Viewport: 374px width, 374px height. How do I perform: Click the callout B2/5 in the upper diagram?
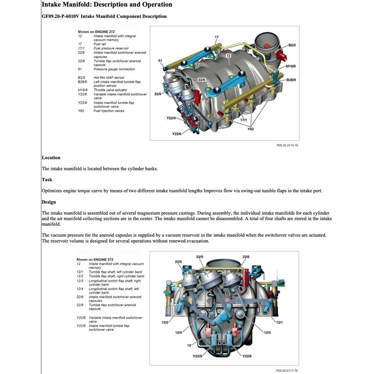[x=291, y=45]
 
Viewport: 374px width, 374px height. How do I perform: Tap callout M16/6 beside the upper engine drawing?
[x=291, y=66]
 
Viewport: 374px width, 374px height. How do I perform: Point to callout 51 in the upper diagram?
[x=160, y=61]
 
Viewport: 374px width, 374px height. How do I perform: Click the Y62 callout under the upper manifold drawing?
[x=251, y=129]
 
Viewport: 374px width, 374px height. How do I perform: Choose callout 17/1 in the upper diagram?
[x=244, y=120]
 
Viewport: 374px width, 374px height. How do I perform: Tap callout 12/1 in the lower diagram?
[x=279, y=322]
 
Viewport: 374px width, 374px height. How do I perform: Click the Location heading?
[x=51, y=158]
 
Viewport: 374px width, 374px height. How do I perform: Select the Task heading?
[x=47, y=180]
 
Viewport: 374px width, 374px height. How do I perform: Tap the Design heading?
[x=49, y=202]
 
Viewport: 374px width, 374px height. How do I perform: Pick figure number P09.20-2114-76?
[x=287, y=145]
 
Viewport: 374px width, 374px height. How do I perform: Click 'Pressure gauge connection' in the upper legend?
[x=108, y=69]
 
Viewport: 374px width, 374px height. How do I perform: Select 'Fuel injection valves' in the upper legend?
[x=109, y=111]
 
